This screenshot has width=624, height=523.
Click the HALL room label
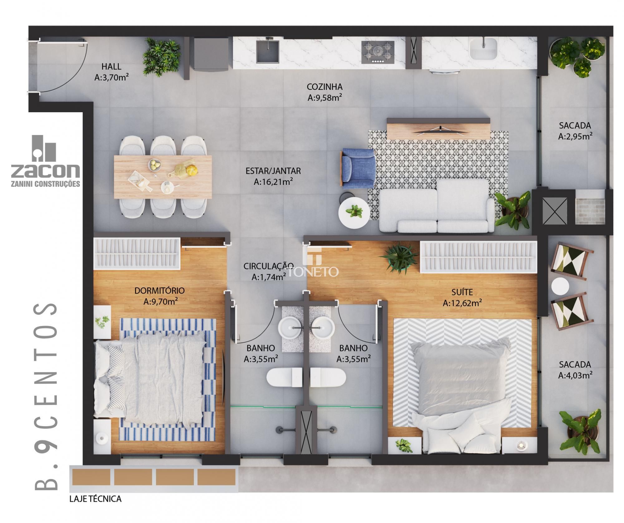pos(111,66)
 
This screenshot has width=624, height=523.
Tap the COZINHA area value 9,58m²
pos(325,98)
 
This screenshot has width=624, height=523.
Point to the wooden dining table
pos(163,176)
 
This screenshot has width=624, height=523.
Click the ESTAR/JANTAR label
pos(273,171)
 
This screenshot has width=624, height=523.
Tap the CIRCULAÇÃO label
pos(268,266)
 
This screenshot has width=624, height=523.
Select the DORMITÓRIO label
pos(159,290)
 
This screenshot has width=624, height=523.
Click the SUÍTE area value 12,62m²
pos(462,303)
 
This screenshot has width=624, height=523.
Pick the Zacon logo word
pos(46,171)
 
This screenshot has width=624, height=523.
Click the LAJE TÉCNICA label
pos(95,499)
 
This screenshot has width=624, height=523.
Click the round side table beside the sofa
pos(354,213)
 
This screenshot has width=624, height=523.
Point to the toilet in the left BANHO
pos(284,377)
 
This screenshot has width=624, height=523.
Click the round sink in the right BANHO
pos(323,327)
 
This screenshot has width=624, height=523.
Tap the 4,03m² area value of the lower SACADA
pos(575,375)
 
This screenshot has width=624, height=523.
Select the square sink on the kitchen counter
pos(268,51)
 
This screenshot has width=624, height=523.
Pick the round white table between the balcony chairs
pos(560,286)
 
